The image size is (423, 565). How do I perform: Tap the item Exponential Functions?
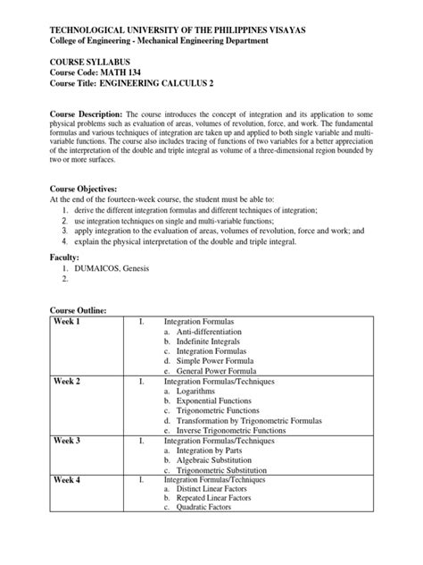216,403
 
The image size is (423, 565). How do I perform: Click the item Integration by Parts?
211,452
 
